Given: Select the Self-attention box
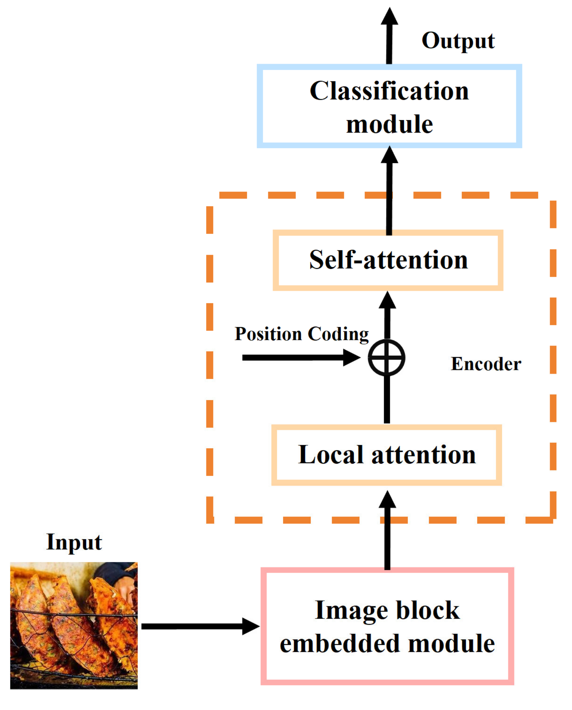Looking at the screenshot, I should point(388,260).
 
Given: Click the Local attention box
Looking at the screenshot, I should point(386,454).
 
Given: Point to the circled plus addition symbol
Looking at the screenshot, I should point(386,357).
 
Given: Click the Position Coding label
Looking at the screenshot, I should point(301,334).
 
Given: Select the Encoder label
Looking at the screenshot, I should point(486,364).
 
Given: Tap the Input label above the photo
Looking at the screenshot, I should point(74,542).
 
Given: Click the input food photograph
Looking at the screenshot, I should point(74,625).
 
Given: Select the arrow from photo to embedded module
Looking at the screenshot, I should point(196,626).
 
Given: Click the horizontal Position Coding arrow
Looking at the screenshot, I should point(296,357).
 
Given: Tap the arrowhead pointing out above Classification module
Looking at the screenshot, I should point(389,17).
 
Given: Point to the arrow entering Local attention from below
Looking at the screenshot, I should point(387,531).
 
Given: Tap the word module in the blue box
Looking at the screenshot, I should point(389,124).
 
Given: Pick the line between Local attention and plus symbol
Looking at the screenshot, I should point(387,400).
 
